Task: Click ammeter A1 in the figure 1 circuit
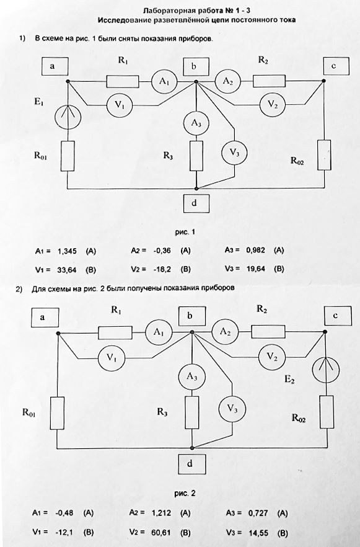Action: point(164,81)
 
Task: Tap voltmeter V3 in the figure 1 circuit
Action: point(235,153)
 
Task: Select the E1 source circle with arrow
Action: point(68,117)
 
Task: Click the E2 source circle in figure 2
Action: point(326,369)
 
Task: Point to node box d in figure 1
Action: point(196,203)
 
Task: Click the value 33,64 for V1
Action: point(67,269)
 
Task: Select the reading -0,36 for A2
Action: point(161,251)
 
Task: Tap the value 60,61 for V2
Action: point(161,532)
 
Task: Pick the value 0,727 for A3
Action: point(258,513)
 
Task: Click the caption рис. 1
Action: point(185,232)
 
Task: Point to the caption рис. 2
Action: point(185,493)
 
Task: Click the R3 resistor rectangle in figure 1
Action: point(196,156)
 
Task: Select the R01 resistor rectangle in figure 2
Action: point(57,413)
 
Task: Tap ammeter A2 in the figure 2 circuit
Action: point(225,332)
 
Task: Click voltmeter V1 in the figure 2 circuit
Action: point(111,358)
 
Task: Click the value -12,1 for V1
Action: point(64,532)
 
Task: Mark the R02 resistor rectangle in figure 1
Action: point(325,155)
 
